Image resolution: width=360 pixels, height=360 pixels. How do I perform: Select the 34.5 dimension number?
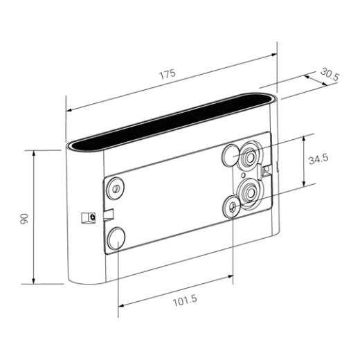click(x=318, y=159)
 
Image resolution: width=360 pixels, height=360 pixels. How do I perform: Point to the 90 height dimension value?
click(x=24, y=217)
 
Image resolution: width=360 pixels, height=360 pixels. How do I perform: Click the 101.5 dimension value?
click(x=183, y=301)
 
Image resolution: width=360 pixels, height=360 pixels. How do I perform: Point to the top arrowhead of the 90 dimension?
click(x=35, y=150)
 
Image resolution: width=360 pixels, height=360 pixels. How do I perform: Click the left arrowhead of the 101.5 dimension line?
click(x=120, y=305)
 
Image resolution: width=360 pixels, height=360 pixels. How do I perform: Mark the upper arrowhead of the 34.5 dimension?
click(x=305, y=137)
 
